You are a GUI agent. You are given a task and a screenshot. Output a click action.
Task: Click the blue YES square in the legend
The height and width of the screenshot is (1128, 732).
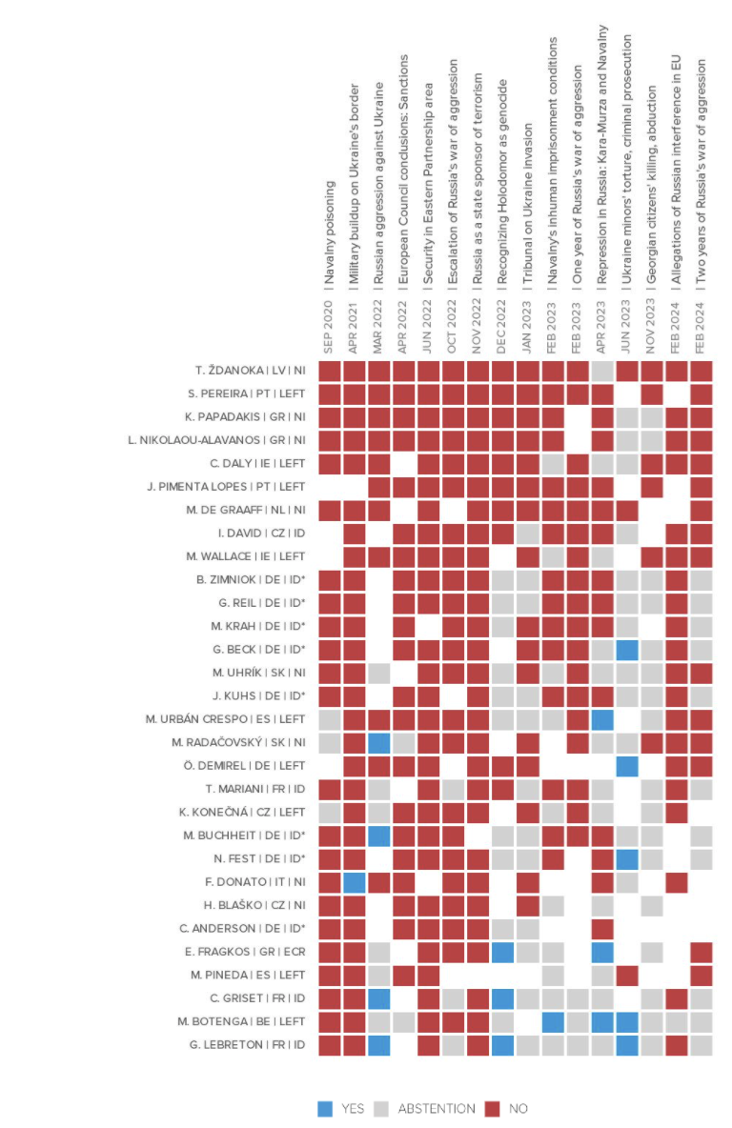pyautogui.click(x=325, y=1108)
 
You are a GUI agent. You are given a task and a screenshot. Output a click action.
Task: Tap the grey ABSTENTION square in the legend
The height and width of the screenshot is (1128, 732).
pyautogui.click(x=380, y=1108)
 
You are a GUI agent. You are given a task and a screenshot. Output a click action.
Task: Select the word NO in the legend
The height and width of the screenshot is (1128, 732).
pyautogui.click(x=518, y=1108)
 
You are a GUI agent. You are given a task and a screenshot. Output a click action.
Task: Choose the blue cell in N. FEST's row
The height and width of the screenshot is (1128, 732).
pyautogui.click(x=626, y=858)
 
